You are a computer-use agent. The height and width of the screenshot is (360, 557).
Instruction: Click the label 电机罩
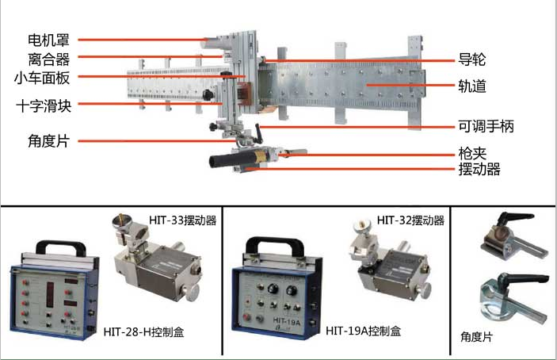48,40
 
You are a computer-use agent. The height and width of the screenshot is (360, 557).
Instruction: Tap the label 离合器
48,59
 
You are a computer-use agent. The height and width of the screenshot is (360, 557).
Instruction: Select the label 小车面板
42,79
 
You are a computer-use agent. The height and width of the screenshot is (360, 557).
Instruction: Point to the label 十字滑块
44,106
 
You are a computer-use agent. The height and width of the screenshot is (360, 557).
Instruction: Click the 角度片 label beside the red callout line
48,140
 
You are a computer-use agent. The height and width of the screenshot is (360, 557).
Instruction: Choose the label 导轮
471,59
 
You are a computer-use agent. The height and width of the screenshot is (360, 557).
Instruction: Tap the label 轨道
471,86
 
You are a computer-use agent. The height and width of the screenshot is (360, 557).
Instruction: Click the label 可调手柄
486,126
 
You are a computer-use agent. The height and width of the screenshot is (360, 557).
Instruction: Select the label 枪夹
472,154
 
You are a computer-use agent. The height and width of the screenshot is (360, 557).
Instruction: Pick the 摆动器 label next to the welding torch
479,169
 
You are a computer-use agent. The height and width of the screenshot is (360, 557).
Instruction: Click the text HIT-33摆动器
182,220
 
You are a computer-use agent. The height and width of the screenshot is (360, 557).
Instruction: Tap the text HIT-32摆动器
410,220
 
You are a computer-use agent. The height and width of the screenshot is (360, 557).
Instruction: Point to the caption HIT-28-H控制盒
144,332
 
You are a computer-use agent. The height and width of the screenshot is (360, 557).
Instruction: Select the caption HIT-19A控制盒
363,331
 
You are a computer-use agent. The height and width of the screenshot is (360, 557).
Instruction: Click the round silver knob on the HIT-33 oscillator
191,292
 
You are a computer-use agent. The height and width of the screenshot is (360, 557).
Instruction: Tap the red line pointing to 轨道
410,86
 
